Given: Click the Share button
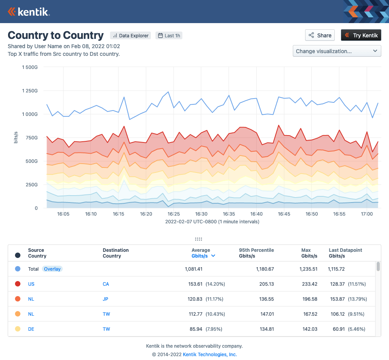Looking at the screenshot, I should pyautogui.click(x=320, y=35).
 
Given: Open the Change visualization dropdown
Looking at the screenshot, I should pyautogui.click(x=337, y=51).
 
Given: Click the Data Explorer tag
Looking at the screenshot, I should pyautogui.click(x=130, y=36).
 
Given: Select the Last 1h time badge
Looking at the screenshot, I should pyautogui.click(x=169, y=36).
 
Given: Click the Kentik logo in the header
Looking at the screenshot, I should pyautogui.click(x=29, y=12).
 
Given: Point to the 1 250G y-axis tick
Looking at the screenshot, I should pyautogui.click(x=29, y=91).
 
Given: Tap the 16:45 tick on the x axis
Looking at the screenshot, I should pyautogui.click(x=284, y=214).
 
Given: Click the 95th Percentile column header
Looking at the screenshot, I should pyautogui.click(x=256, y=253).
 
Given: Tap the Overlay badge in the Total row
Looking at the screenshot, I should pyautogui.click(x=52, y=269).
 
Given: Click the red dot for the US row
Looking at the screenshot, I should pyautogui.click(x=18, y=284).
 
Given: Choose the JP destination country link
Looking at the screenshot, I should pyautogui.click(x=106, y=299).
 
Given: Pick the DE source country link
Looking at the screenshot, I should pyautogui.click(x=31, y=329).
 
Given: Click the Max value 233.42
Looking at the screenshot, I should pyautogui.click(x=309, y=284).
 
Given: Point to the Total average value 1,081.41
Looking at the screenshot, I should pyautogui.click(x=194, y=269).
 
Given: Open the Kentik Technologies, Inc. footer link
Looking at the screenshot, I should pyautogui.click(x=210, y=355).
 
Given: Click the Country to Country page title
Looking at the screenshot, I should pyautogui.click(x=56, y=35).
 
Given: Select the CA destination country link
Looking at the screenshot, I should pyautogui.click(x=106, y=284).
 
